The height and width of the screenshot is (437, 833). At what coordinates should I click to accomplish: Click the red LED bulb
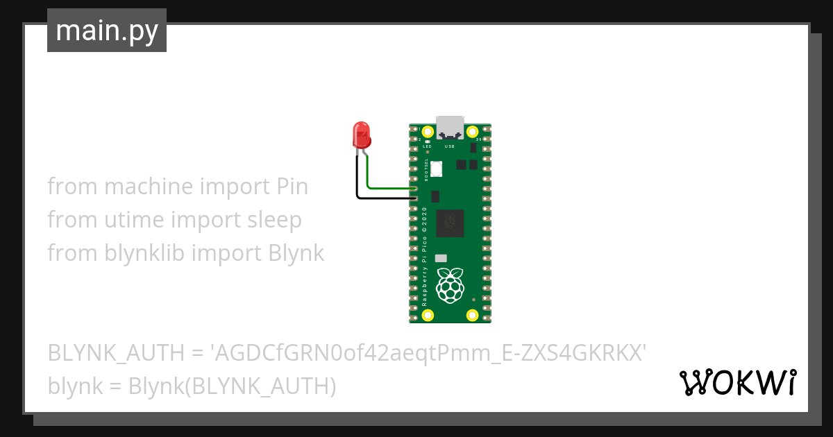[x=361, y=134]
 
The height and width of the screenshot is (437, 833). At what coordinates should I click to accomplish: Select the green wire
[x=389, y=187]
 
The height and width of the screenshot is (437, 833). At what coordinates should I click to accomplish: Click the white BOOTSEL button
[x=437, y=168]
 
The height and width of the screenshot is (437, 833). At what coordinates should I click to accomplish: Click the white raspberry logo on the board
[x=450, y=284]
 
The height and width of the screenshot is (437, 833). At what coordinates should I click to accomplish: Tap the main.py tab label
[x=107, y=31]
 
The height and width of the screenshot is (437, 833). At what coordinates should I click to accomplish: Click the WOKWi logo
[x=737, y=382]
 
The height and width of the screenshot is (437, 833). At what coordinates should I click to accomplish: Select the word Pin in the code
[x=292, y=187]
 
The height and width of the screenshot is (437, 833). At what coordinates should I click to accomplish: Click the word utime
[x=134, y=220]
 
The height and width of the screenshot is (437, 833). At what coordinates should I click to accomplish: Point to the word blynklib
[x=144, y=253]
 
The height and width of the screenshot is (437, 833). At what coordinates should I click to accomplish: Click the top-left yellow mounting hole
[x=428, y=131]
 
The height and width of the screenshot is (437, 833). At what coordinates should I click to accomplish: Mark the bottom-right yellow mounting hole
[x=472, y=315]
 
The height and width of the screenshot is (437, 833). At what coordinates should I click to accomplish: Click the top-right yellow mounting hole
[x=472, y=131]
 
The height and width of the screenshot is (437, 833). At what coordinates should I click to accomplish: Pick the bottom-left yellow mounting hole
[x=428, y=315]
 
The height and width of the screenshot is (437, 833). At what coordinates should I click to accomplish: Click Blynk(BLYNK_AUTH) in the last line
[x=232, y=386]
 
